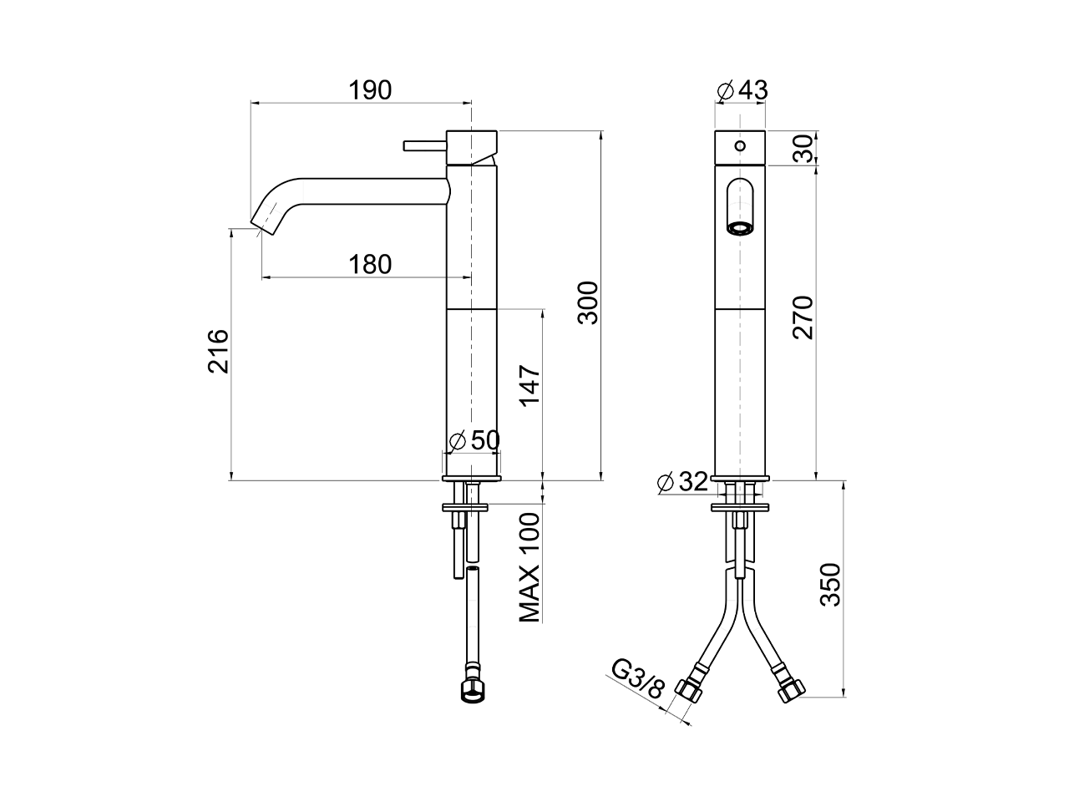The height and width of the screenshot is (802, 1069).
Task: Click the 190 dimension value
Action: click(370, 89)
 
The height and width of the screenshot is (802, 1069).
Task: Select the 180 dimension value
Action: click(370, 264)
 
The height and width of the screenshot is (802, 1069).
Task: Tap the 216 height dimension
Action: click(217, 351)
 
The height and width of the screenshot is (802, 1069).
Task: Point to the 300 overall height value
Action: click(588, 302)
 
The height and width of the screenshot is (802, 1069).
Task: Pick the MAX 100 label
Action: click(529, 567)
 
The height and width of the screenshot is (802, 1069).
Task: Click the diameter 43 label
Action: click(742, 89)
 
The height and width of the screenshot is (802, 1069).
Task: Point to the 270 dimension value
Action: click(803, 317)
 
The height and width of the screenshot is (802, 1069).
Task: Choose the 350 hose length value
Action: click(830, 585)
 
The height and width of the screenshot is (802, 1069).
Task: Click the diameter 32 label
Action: click(683, 481)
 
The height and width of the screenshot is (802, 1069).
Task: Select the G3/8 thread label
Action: click(638, 678)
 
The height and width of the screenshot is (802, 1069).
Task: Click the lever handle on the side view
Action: click(425, 146)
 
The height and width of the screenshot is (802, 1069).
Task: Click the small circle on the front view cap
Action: click(739, 146)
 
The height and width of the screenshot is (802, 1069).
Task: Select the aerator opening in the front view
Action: click(739, 227)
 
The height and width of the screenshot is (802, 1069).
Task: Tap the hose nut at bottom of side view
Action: click(473, 691)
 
